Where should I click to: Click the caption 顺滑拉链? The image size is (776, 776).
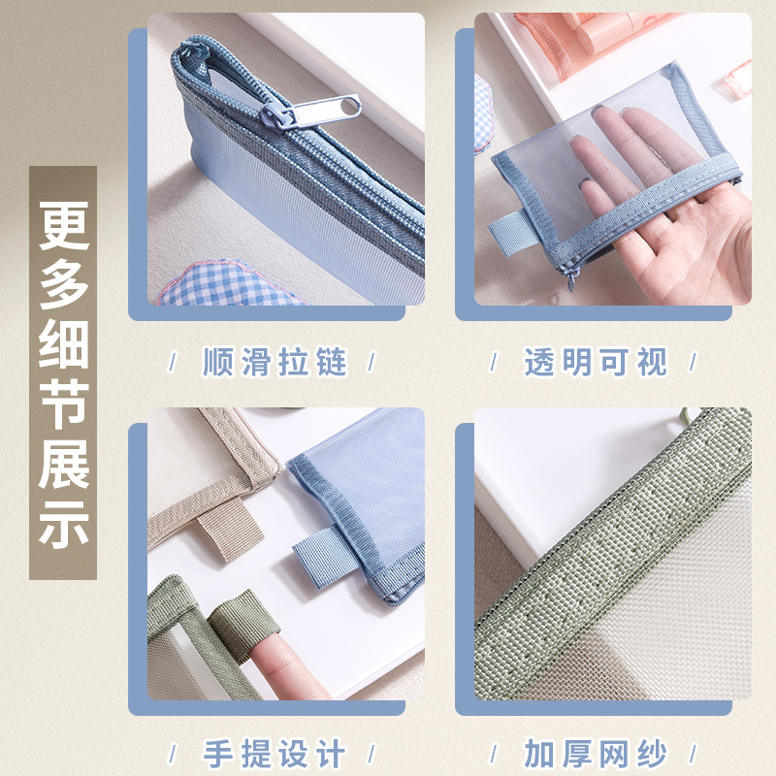click(x=275, y=363)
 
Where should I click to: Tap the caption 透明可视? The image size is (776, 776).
click(x=596, y=363)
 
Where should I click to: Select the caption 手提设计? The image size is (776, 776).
click(x=275, y=754)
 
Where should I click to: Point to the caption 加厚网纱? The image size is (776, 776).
click(x=596, y=754)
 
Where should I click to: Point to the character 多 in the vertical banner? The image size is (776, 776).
click(x=63, y=287)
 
